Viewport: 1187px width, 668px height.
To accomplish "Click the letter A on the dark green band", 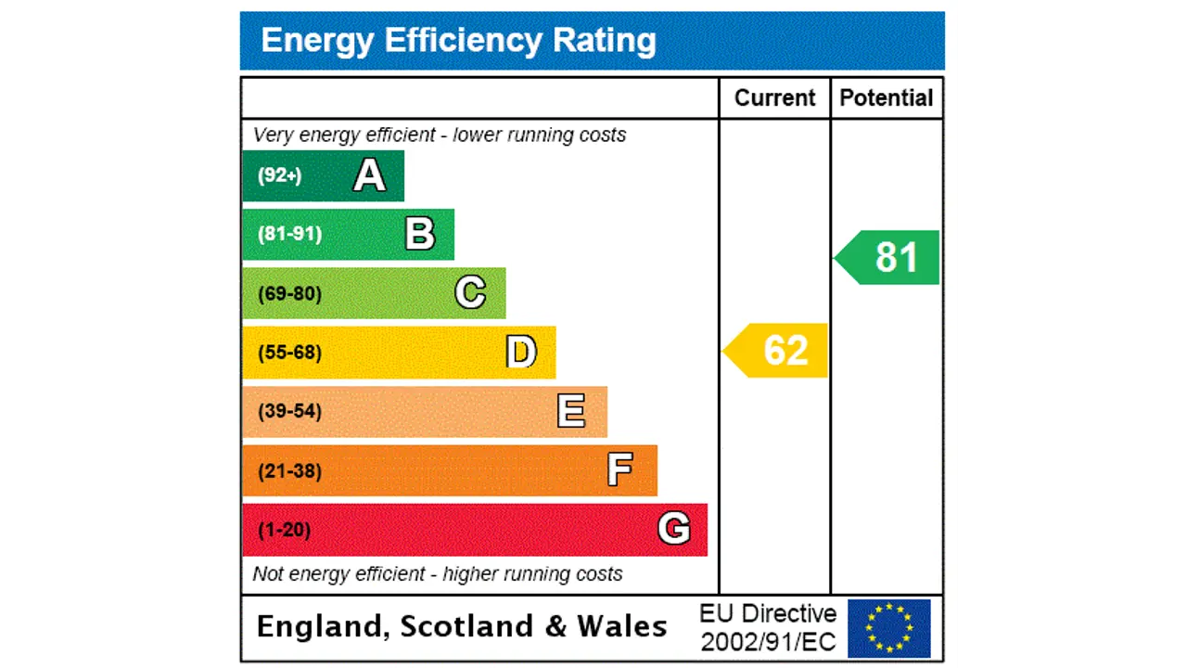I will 369,175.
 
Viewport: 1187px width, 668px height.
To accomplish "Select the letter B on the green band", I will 420,234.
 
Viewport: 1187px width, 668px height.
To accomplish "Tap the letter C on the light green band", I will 470,293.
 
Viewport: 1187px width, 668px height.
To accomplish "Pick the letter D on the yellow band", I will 521,353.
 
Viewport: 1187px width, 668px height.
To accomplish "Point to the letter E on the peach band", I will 571,411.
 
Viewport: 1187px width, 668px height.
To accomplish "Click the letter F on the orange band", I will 620,470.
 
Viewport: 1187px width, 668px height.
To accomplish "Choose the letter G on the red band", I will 674,529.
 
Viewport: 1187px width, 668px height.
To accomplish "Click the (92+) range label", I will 279,175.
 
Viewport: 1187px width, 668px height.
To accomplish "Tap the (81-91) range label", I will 289,234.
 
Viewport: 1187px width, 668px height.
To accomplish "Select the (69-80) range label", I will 289,294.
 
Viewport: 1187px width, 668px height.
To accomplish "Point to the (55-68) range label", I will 289,353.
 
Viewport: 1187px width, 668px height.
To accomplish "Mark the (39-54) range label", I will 289,411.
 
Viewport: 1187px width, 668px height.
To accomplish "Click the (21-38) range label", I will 289,471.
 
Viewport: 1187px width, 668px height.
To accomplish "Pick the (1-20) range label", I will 284,530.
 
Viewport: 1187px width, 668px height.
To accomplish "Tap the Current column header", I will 774,98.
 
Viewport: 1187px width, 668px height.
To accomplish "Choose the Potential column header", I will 886,98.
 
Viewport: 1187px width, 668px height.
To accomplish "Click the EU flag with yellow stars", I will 888,628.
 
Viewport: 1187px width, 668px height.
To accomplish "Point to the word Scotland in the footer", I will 467,627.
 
